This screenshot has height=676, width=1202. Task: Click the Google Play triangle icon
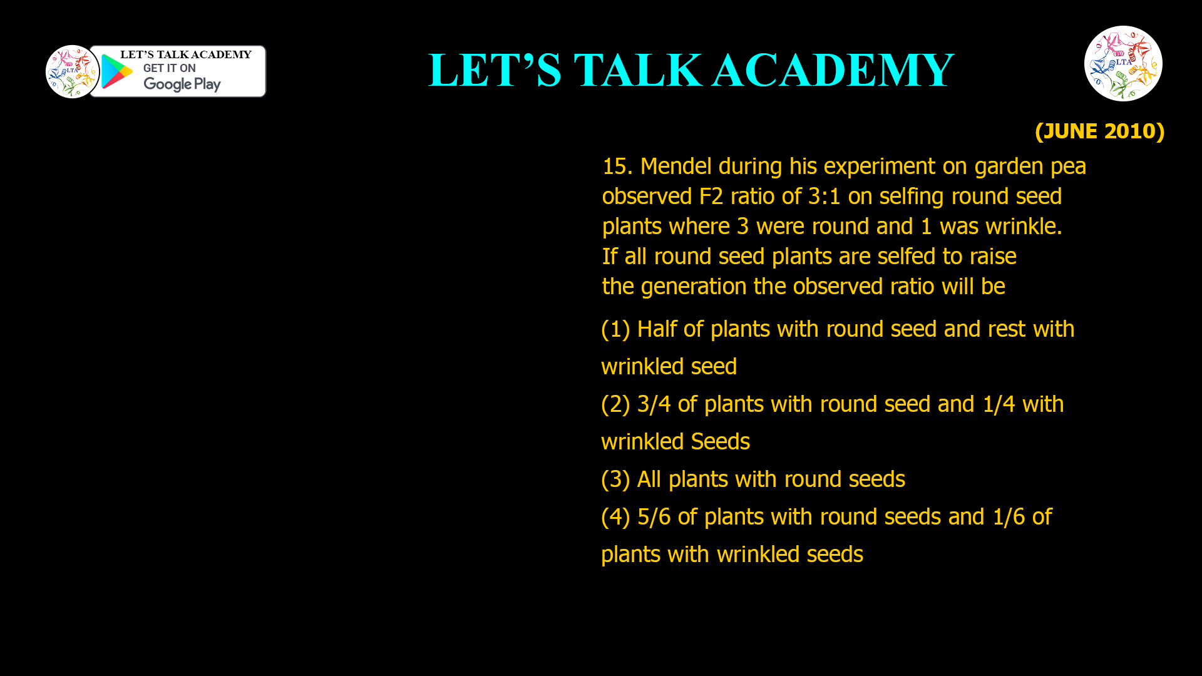116,72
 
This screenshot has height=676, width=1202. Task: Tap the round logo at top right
1123,63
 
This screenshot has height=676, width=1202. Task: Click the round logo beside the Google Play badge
72,72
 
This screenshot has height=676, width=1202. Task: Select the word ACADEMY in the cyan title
833,70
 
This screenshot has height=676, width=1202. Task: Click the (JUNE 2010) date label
1099,131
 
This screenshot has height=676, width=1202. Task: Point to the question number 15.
617,166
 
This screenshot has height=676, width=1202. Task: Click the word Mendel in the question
675,166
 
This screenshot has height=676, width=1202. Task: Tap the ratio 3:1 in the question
824,197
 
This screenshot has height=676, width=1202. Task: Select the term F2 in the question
711,197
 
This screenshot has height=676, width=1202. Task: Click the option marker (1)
615,329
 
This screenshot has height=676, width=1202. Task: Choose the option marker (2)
615,404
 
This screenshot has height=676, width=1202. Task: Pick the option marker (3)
615,479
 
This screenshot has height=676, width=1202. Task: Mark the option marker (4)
615,517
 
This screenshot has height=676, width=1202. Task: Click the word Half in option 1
657,329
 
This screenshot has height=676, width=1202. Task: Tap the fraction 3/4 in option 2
654,404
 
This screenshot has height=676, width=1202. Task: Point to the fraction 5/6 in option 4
654,517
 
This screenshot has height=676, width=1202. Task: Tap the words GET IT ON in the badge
169,68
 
